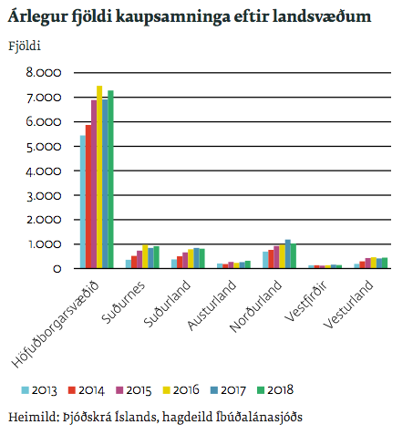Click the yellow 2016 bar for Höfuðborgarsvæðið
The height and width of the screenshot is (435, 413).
pyautogui.click(x=99, y=177)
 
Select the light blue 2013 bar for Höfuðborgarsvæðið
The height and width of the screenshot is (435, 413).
pyautogui.click(x=83, y=202)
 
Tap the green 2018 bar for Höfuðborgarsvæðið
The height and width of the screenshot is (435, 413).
pyautogui.click(x=110, y=180)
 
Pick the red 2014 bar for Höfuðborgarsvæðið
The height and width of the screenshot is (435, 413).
pyautogui.click(x=88, y=197)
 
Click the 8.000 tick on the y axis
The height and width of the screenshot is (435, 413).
pyautogui.click(x=43, y=73)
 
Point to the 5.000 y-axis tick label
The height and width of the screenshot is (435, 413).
pyautogui.click(x=43, y=147)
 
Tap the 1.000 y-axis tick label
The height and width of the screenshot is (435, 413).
pyautogui.click(x=43, y=244)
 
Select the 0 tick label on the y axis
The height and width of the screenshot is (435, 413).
pyautogui.click(x=57, y=269)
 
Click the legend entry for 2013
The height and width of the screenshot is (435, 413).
pyautogui.click(x=40, y=391)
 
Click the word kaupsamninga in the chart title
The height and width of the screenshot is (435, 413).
pyautogui.click(x=167, y=17)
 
